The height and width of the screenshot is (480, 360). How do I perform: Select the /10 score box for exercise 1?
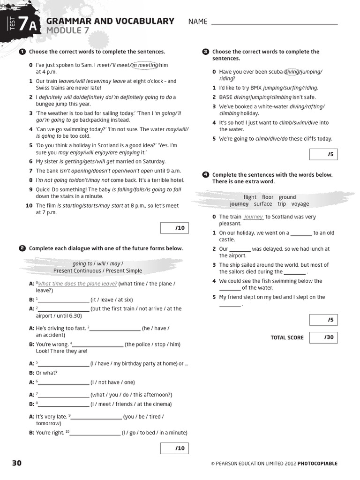[x=174, y=228]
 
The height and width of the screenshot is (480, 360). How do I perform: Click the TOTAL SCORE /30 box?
[x=324, y=337]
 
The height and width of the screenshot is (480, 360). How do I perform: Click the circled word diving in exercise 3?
[x=292, y=72]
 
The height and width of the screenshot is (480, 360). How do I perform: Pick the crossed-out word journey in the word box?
[x=239, y=204]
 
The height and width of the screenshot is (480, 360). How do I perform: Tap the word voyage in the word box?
[x=300, y=204]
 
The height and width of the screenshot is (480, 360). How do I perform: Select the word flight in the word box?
[x=250, y=197]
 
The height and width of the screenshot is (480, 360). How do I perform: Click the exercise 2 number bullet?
[x=22, y=248]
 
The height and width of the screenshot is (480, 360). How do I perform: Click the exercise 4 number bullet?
[x=205, y=175]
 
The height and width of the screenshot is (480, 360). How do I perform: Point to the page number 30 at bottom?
[x=17, y=463]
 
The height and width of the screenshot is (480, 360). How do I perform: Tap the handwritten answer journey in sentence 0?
[x=254, y=217]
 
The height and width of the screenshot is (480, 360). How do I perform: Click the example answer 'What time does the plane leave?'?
[x=77, y=284]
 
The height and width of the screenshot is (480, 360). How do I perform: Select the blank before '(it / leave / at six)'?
[x=64, y=300]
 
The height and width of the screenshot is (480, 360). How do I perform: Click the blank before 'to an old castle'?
[x=301, y=233]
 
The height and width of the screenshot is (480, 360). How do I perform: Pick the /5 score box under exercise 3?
[x=324, y=154]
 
